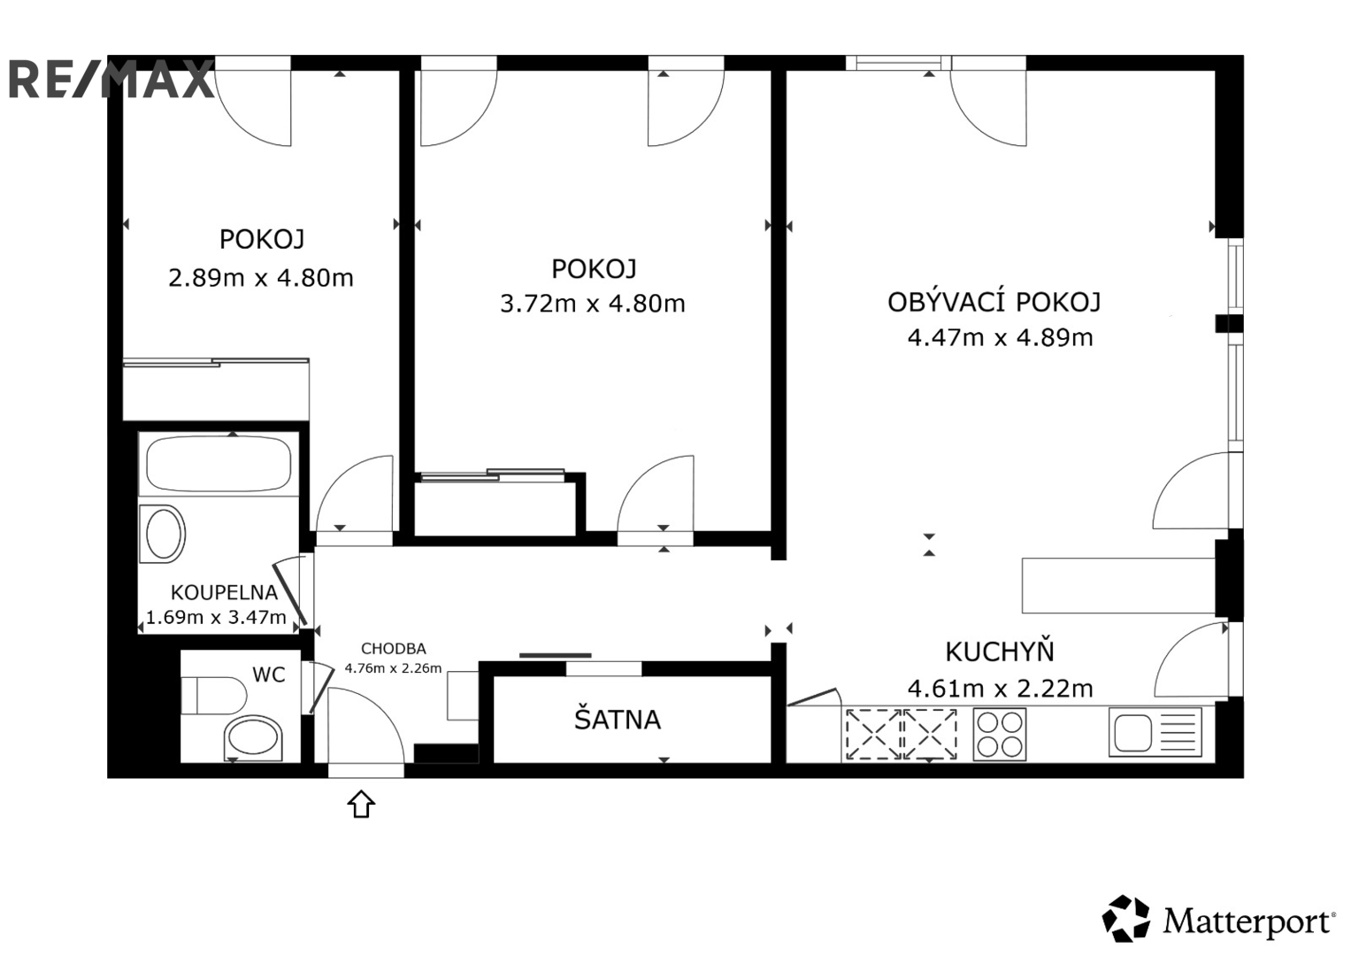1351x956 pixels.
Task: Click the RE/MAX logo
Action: click(x=111, y=79)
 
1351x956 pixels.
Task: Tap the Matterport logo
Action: click(x=1218, y=920)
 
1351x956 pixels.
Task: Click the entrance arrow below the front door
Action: click(x=361, y=805)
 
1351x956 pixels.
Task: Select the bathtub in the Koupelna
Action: click(x=219, y=464)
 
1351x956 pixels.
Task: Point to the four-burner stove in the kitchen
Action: click(x=999, y=734)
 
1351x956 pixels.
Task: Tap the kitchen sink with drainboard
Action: click(x=1155, y=733)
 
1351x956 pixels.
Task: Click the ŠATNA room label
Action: click(x=618, y=721)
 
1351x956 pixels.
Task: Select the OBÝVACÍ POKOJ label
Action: click(x=994, y=303)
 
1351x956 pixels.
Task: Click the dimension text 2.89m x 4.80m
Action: click(x=261, y=278)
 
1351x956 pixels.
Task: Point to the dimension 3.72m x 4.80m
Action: click(x=593, y=304)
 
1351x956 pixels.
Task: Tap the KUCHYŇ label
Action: click(x=1000, y=652)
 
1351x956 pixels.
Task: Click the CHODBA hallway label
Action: click(x=393, y=649)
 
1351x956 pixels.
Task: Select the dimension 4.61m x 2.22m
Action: click(x=1000, y=688)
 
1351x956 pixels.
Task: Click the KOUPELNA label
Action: click(x=224, y=593)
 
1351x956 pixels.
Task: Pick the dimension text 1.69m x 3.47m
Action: click(x=216, y=617)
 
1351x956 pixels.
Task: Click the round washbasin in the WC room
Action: click(x=254, y=736)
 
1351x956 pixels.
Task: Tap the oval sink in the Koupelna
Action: click(x=164, y=534)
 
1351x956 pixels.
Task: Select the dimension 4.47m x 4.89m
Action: click(x=1000, y=338)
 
